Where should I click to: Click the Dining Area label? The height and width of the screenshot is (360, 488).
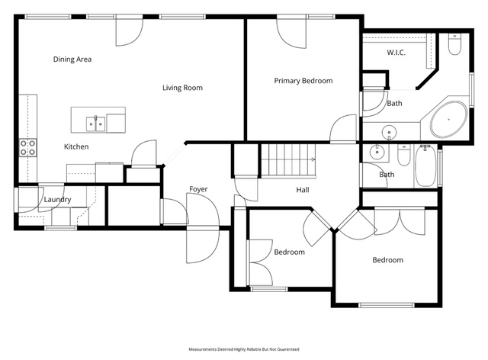pyautogui.click(x=72, y=59)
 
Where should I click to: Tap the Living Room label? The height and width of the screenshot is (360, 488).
pyautogui.click(x=182, y=88)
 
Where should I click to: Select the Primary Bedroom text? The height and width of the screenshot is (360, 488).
pyautogui.click(x=303, y=81)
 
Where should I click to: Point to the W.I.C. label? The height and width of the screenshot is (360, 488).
pyautogui.click(x=396, y=53)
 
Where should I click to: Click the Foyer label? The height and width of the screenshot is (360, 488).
pyautogui.click(x=198, y=189)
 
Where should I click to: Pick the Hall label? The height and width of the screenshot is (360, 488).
pyautogui.click(x=303, y=190)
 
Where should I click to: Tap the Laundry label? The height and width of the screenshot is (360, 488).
pyautogui.click(x=58, y=200)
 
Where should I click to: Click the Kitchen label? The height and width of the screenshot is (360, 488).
pyautogui.click(x=76, y=146)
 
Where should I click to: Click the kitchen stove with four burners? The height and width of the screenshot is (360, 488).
pyautogui.click(x=28, y=148)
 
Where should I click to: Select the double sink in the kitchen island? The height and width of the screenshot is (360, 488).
pyautogui.click(x=95, y=124)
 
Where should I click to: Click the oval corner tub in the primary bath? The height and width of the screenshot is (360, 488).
pyautogui.click(x=448, y=119)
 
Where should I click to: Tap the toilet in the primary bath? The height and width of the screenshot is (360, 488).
pyautogui.click(x=454, y=44)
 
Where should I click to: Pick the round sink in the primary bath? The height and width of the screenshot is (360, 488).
pyautogui.click(x=389, y=133)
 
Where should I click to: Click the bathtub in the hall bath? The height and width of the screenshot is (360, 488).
pyautogui.click(x=425, y=166)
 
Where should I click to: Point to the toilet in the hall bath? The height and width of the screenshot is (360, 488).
pyautogui.click(x=404, y=155)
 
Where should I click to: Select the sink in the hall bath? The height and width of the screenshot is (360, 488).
pyautogui.click(x=377, y=153)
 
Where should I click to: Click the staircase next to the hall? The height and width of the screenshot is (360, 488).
pyautogui.click(x=288, y=160)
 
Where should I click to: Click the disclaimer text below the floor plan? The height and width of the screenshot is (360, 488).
pyautogui.click(x=244, y=349)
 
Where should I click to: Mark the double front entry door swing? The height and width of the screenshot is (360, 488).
pyautogui.click(x=203, y=228)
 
